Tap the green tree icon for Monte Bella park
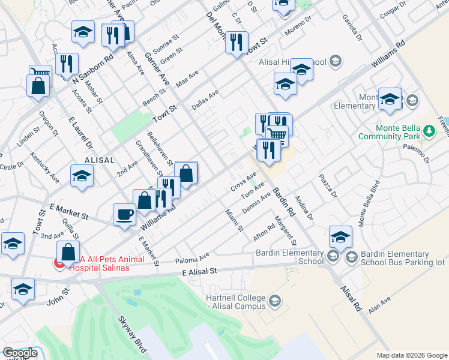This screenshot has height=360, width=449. pos(429,130)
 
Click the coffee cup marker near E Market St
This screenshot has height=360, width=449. pos(124,215)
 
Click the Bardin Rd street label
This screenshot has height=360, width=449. pos(285,202)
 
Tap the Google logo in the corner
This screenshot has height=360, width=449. pos(20,353)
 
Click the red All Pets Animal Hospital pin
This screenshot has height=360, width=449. pos(59,263)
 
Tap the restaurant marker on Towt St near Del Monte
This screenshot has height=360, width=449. pos(237,43)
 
